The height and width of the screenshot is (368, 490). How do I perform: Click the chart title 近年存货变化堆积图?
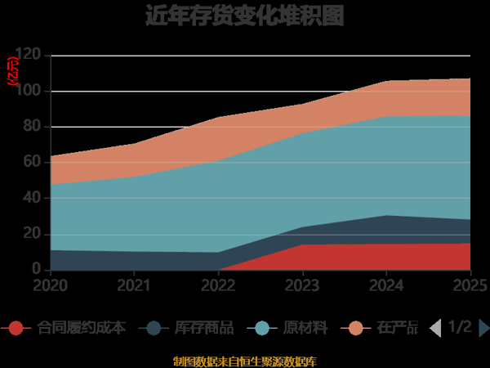[x=245, y=16]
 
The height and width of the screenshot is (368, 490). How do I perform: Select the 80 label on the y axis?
[x=32, y=127]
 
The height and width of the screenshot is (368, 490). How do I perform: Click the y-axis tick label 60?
[x=32, y=162]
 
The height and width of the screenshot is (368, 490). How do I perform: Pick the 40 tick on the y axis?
[x=32, y=198]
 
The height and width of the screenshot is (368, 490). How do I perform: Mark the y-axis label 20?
[x=32, y=234]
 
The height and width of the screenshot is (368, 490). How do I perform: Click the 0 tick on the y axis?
[x=36, y=269]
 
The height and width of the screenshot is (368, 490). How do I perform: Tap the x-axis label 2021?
[x=134, y=285]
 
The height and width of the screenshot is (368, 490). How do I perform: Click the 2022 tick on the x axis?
[x=218, y=285]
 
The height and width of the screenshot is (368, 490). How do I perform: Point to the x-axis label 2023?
[x=303, y=285]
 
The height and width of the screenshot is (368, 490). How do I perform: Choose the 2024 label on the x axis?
[x=387, y=285]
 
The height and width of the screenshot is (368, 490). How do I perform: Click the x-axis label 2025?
[x=469, y=285]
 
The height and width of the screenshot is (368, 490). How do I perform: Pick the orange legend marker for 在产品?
[x=356, y=328]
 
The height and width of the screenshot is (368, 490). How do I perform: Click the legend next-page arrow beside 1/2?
[x=483, y=328]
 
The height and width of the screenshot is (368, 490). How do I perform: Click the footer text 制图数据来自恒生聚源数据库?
[x=245, y=361]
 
